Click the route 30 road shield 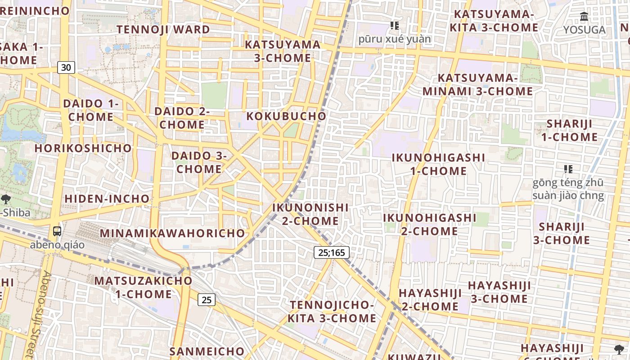pyautogui.click(x=66, y=67)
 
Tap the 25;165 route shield pyautogui.click(x=331, y=252)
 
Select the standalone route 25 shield pyautogui.click(x=207, y=299)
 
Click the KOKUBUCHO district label pyautogui.click(x=286, y=116)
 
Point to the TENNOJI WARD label pyautogui.click(x=163, y=30)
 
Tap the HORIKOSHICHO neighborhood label pyautogui.click(x=83, y=148)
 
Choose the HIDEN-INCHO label pyautogui.click(x=107, y=198)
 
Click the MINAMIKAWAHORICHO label pyautogui.click(x=172, y=233)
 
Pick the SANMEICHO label pyautogui.click(x=207, y=351)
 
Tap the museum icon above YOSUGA pyautogui.click(x=584, y=17)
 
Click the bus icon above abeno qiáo pyautogui.click(x=57, y=231)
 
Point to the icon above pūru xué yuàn pyautogui.click(x=395, y=26)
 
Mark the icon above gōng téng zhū pyautogui.click(x=568, y=169)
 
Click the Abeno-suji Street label pyautogui.click(x=41, y=315)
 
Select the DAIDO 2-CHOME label pyautogui.click(x=182, y=118)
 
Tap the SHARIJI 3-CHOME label pyautogui.click(x=562, y=233)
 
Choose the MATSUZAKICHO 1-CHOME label pyautogui.click(x=143, y=287)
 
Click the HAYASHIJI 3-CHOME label pyautogui.click(x=499, y=292)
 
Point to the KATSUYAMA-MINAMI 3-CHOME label pyautogui.click(x=478, y=85)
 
